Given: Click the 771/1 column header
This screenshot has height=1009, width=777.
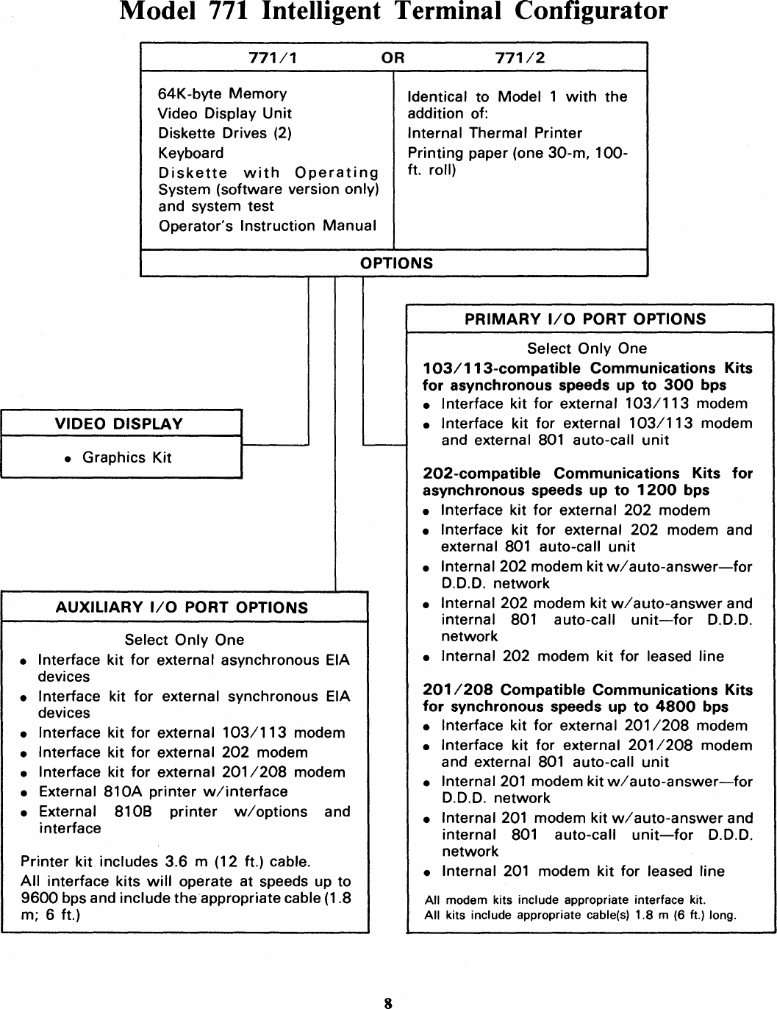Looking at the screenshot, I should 273,58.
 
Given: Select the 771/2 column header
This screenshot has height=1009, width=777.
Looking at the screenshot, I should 520,58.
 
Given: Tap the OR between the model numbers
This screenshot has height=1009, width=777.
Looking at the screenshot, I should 393,58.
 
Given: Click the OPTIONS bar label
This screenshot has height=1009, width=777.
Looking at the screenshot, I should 396,263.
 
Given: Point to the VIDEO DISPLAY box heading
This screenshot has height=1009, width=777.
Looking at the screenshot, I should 118,424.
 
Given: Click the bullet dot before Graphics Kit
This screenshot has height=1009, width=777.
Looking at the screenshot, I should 68,459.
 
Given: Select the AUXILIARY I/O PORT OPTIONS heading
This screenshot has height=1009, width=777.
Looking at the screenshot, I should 182,607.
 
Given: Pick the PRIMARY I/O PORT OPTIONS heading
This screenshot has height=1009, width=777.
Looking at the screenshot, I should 585,319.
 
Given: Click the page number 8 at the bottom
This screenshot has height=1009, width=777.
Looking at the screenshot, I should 389,1002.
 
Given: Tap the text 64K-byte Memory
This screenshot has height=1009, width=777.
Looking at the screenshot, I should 223,94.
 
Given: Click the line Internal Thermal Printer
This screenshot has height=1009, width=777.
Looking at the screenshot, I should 495,133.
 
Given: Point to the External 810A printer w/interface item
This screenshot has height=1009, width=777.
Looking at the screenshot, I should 162,792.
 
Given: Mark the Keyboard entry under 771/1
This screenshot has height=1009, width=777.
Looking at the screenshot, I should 191,153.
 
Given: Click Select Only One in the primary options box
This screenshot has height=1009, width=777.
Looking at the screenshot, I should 587,349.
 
